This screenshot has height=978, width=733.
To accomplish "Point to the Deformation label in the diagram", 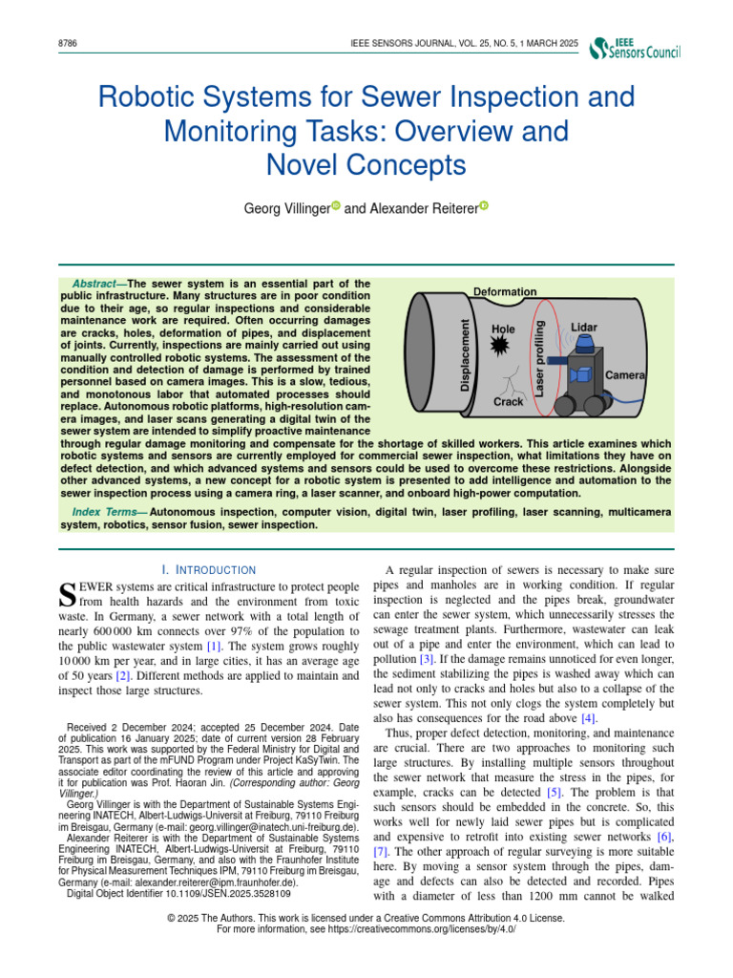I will [505, 291].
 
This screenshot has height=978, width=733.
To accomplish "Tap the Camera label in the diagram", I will [625, 375].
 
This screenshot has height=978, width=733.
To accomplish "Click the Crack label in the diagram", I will [509, 403].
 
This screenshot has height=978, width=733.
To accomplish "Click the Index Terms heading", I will [101, 513].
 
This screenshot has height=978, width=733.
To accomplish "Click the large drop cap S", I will [67, 594].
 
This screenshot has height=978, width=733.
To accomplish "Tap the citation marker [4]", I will [588, 717].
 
